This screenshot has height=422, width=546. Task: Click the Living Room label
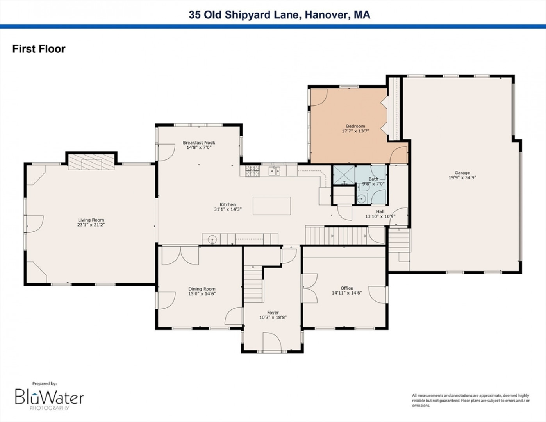point(91,220)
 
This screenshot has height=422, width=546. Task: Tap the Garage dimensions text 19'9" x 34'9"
point(462,177)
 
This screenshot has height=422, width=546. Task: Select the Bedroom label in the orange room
point(355,126)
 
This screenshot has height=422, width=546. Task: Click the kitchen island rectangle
point(271,206)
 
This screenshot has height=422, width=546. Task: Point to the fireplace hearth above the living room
point(91,162)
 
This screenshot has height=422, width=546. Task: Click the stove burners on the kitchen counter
point(252,171)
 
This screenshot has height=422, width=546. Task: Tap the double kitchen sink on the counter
point(274,171)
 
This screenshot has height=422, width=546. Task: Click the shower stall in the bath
point(344,175)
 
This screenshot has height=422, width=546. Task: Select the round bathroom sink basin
point(361,199)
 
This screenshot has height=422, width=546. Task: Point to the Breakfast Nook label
point(199,143)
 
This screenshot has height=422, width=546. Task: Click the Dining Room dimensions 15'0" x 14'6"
point(202,293)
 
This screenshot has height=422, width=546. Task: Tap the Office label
point(347,288)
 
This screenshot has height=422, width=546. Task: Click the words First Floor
point(39,49)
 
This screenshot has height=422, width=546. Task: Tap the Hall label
point(380,212)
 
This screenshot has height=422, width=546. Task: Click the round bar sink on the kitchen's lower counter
point(212,239)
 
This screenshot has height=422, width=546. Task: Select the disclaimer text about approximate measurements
point(471,401)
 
